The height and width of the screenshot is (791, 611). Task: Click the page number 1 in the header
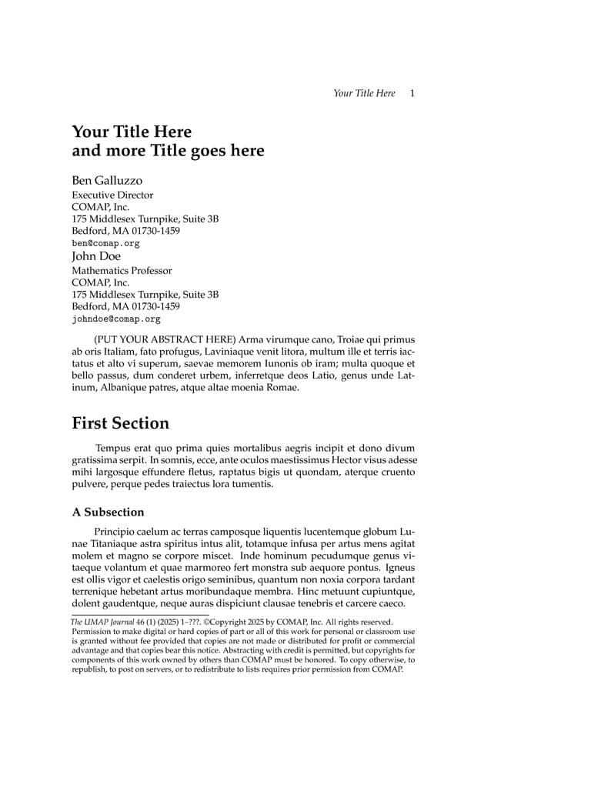412,93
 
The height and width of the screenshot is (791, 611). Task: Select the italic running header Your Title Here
364,93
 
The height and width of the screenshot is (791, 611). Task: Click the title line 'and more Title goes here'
168,151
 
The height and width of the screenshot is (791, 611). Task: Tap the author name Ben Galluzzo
107,181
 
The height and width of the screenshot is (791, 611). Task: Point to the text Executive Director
112,195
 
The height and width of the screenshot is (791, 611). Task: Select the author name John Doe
96,256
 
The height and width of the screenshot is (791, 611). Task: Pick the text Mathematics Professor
122,271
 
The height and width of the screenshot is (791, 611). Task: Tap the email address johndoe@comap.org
116,319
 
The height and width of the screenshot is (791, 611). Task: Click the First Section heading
120,423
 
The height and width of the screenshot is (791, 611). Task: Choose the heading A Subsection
108,512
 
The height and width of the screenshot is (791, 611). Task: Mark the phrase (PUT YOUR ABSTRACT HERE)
164,339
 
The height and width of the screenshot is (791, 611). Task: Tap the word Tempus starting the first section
112,448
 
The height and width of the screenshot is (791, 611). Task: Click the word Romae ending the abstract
282,388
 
